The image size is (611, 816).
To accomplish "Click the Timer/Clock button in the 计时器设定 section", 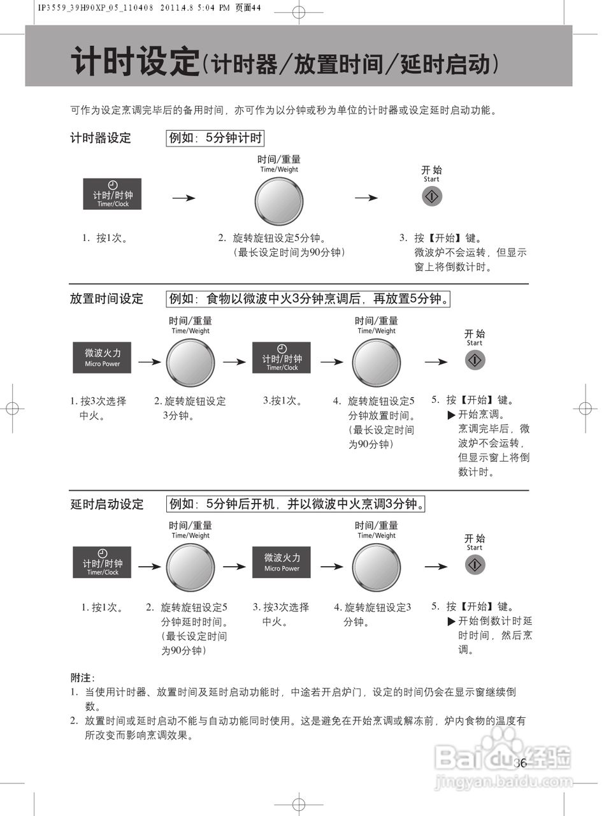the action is tap(112, 194).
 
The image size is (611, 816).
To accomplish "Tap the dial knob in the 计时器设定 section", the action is tap(278, 200).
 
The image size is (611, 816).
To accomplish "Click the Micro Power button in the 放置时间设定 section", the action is tap(102, 358).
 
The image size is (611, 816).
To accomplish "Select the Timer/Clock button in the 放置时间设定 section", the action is tap(282, 358).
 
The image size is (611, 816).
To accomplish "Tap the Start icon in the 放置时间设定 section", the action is tap(475, 360).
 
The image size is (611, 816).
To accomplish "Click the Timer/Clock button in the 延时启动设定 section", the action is tap(102, 562).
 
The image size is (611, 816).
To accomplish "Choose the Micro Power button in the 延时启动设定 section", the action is tap(282, 562).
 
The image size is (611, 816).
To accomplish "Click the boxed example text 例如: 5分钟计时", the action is tap(215, 138).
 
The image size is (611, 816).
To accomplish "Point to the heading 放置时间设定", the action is tap(106, 298).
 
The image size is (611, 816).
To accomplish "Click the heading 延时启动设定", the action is tap(106, 504).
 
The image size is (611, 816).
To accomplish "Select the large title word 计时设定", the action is tap(135, 62).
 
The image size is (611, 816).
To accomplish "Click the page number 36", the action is tap(520, 763).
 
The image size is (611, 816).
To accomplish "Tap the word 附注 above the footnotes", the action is tap(82, 678).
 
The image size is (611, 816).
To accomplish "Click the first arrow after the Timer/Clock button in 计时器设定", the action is tap(183, 198).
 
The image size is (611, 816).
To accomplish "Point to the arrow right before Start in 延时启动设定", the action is tap(436, 566).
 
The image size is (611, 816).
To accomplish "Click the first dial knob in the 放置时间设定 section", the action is tap(190, 362).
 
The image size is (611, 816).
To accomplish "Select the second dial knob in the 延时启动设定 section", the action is tap(377, 567).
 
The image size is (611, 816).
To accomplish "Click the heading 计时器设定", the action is tap(100, 138).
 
